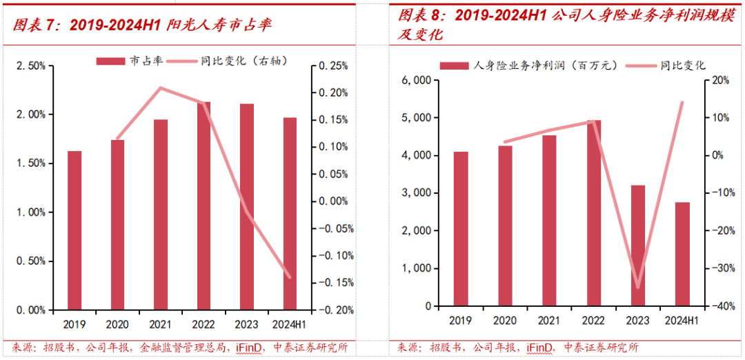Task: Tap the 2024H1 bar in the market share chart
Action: pyautogui.click(x=290, y=213)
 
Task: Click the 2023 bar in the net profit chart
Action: pyautogui.click(x=638, y=245)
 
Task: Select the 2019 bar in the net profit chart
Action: pyautogui.click(x=461, y=228)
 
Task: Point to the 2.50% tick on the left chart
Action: pyautogui.click(x=31, y=66)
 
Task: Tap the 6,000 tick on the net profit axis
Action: pyautogui.click(x=417, y=81)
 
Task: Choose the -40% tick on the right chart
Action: pyautogui.click(x=717, y=306)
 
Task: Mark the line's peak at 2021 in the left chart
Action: pyautogui.click(x=160, y=88)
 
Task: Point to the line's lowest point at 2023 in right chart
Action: pyautogui.click(x=638, y=287)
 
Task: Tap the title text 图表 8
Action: pyautogui.click(x=418, y=16)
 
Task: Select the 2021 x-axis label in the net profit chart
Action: pyautogui.click(x=549, y=321)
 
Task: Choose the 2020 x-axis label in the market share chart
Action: pyautogui.click(x=117, y=323)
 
